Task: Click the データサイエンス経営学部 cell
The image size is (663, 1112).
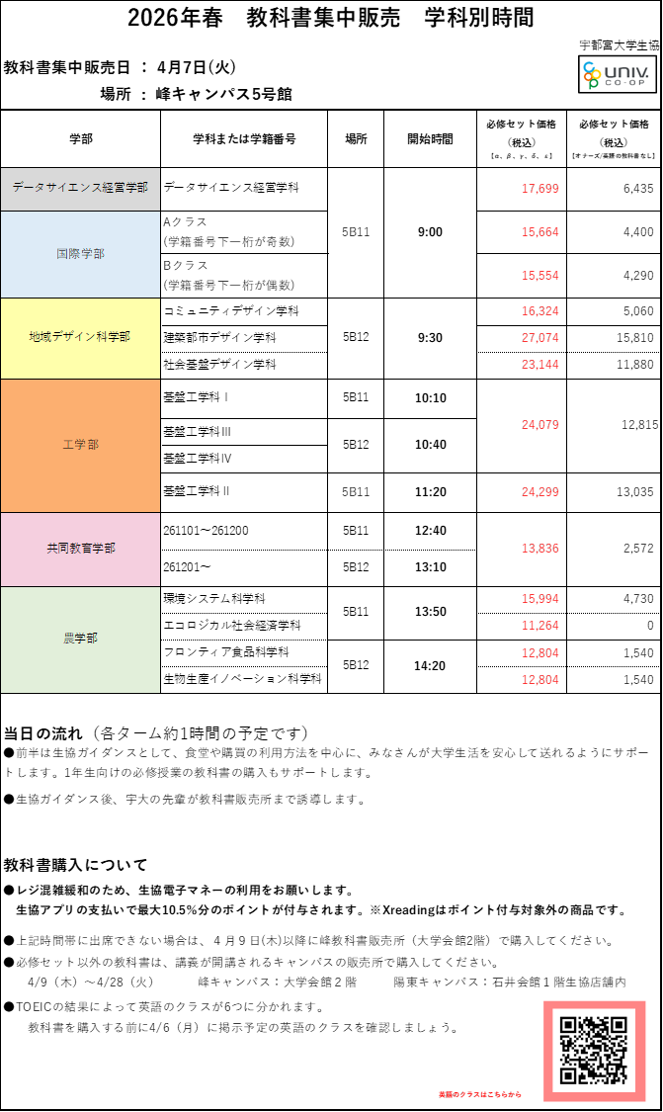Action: coord(80,188)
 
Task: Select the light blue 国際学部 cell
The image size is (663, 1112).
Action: coord(80,254)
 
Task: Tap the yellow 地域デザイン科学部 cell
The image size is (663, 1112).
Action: coord(80,337)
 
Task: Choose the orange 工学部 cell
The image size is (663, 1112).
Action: coord(80,445)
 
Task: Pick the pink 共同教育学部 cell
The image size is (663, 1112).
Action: coord(80,549)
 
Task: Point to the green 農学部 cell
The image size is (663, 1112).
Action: coord(80,639)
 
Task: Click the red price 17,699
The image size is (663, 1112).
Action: coord(540,189)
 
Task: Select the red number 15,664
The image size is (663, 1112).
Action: coord(540,232)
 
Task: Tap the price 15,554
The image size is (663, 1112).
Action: coord(540,276)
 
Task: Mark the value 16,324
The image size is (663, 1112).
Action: coord(540,311)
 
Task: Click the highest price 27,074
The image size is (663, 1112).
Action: coord(540,338)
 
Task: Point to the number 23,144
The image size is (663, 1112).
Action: coord(540,365)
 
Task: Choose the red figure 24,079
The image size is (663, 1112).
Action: coord(540,425)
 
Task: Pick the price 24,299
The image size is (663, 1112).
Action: coord(540,492)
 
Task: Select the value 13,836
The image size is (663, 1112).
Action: coord(540,549)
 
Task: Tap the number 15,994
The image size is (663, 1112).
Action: coord(540,599)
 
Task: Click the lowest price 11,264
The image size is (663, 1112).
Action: coord(540,626)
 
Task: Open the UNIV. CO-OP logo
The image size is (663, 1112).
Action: coord(617,74)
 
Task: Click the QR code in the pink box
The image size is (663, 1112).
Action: coord(594,1050)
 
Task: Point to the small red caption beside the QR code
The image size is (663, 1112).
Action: coord(480,1094)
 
